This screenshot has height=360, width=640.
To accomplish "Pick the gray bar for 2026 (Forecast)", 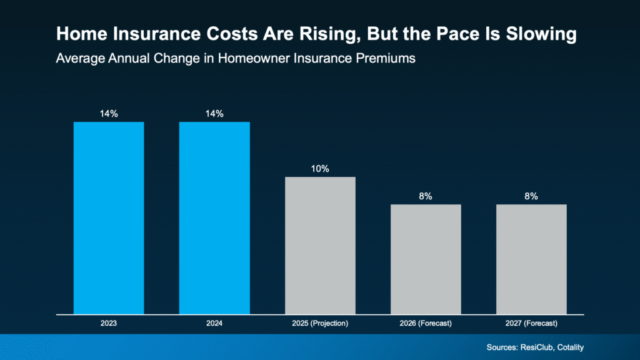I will [426, 259].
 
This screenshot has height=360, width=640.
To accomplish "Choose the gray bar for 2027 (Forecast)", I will [531, 259].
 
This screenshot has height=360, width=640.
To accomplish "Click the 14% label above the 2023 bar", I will [109, 114].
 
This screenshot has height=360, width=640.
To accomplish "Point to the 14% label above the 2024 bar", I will [214, 114].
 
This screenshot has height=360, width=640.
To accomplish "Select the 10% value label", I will [320, 169].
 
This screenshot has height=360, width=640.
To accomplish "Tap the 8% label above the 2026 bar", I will [426, 196].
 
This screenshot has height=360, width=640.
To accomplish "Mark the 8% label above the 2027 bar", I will [531, 196].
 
